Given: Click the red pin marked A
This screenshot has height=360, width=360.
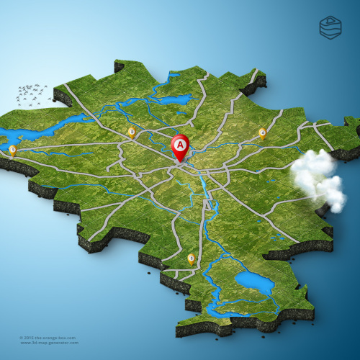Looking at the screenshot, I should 180,146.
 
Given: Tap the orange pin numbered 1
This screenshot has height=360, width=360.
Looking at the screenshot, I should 12,149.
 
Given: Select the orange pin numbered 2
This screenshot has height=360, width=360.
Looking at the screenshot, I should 131,132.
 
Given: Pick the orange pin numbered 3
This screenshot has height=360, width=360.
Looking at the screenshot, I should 191,258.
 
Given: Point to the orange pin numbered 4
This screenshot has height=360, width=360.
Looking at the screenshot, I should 262,132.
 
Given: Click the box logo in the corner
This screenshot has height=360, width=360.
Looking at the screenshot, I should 330,27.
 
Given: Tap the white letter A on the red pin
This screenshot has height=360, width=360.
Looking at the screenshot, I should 180,145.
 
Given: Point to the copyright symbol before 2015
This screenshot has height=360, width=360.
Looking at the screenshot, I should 22,337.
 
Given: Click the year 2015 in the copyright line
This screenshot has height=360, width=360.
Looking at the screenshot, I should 29,337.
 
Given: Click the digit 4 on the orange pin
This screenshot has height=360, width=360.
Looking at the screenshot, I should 262,132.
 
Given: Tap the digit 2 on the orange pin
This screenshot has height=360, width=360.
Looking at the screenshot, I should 131,131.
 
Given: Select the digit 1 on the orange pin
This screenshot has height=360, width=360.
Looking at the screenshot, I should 12,148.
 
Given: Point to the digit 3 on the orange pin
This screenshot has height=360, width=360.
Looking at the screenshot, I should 191,258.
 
